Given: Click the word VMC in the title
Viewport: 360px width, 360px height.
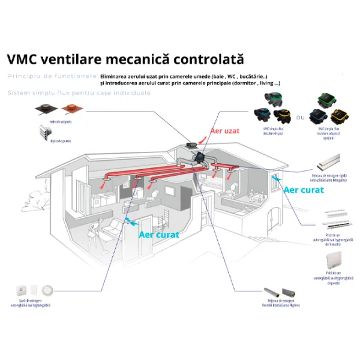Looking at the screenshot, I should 22,59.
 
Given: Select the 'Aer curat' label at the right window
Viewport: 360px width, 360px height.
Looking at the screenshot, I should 304,190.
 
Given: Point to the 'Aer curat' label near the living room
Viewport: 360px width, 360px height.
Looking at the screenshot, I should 159,235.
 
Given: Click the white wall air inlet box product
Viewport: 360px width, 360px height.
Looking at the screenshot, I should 335,260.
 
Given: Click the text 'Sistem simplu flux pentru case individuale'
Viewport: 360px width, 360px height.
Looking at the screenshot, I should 79,93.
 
